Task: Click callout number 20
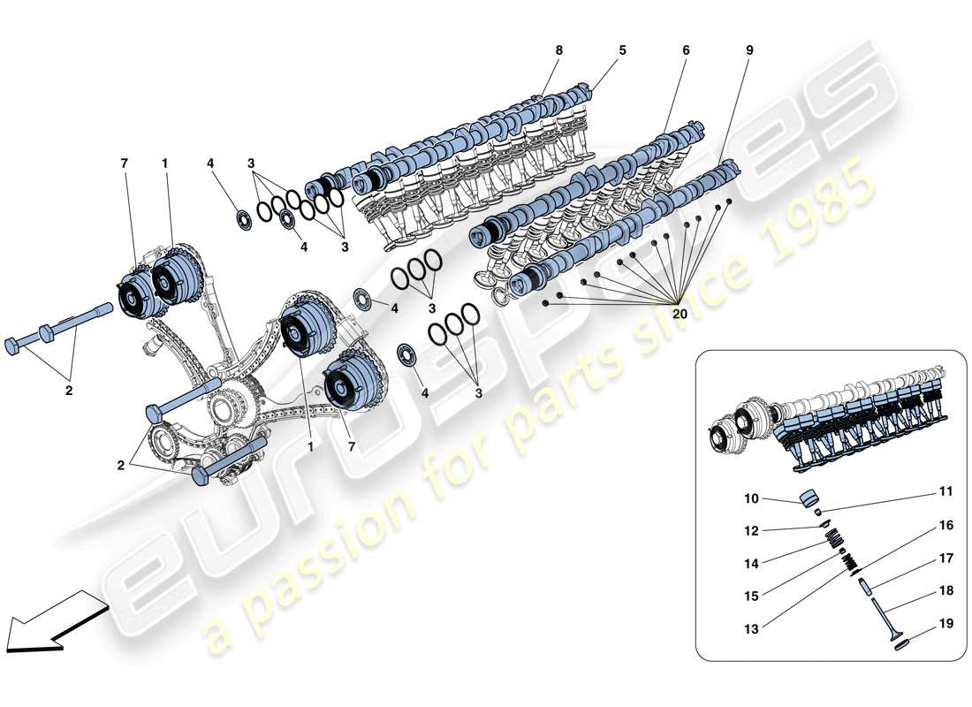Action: (680, 312)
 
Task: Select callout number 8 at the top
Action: (558, 50)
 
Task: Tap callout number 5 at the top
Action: (622, 50)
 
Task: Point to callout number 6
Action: (686, 50)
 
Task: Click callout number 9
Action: (749, 50)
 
